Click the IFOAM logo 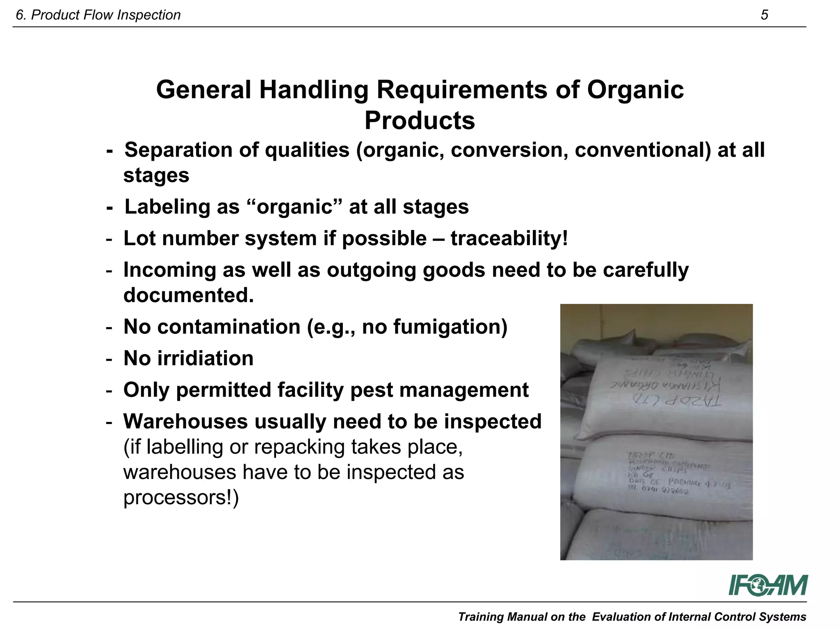768,585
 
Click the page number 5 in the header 764,15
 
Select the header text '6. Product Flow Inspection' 98,15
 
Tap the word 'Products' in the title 420,121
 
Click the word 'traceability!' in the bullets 509,238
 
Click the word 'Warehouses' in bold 185,421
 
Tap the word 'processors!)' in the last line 181,497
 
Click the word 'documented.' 189,295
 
